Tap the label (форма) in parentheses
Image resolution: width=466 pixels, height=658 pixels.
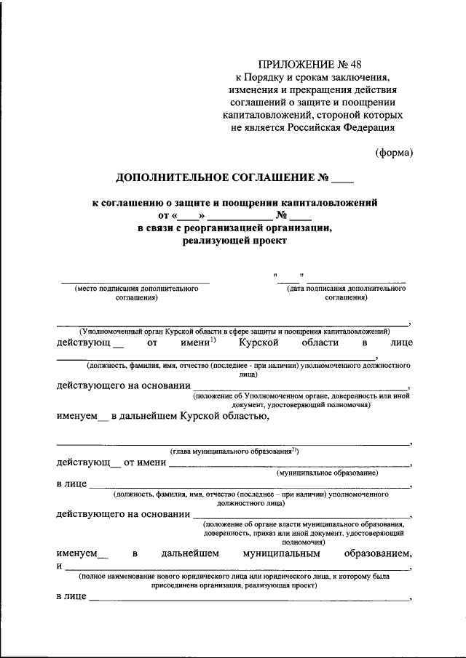(x=395, y=152)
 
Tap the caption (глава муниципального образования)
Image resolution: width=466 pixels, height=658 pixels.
(x=233, y=451)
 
